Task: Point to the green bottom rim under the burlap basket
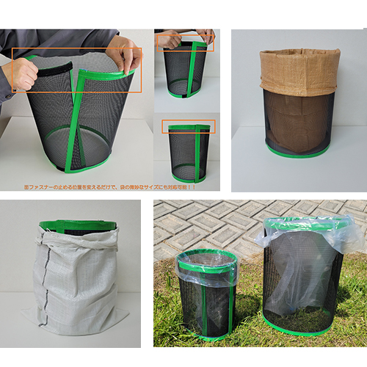pos(297,153)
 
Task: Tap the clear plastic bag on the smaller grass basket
pos(207,265)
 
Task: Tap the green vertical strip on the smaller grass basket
pos(220,301)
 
